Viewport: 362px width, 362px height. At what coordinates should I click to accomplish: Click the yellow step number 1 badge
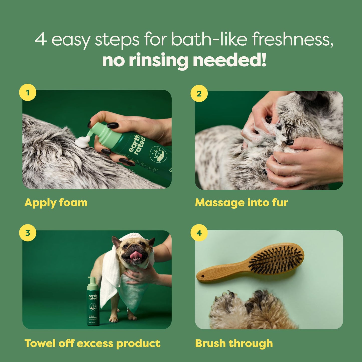pyautogui.click(x=28, y=92)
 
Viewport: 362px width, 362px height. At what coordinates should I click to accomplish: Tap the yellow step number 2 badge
pyautogui.click(x=199, y=93)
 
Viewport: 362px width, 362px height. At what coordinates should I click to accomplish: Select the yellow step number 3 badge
pyautogui.click(x=28, y=233)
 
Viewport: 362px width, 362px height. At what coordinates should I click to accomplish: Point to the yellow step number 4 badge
pyautogui.click(x=199, y=233)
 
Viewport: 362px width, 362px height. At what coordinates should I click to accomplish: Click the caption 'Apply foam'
pyautogui.click(x=56, y=202)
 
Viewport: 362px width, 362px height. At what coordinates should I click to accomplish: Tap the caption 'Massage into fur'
pyautogui.click(x=241, y=202)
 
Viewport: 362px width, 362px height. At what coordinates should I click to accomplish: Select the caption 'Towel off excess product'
pyautogui.click(x=92, y=343)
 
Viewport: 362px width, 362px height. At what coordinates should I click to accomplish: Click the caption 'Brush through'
pyautogui.click(x=234, y=343)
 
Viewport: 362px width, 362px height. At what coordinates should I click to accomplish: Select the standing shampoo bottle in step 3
pyautogui.click(x=93, y=303)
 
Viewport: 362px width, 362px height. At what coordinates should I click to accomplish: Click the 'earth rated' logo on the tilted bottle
pyautogui.click(x=137, y=144)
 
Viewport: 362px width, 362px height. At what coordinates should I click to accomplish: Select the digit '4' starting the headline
pyautogui.click(x=41, y=39)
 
